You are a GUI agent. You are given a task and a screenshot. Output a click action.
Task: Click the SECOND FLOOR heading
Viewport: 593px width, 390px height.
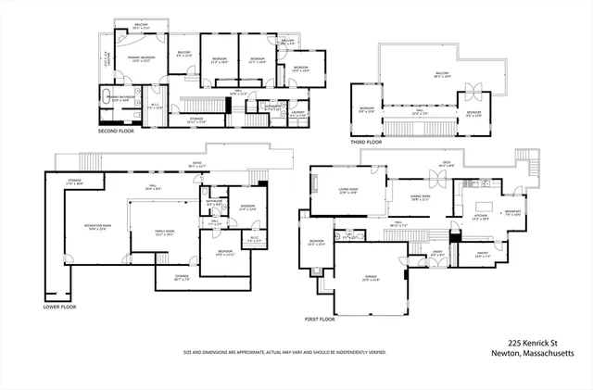pyautogui.click(x=116, y=131)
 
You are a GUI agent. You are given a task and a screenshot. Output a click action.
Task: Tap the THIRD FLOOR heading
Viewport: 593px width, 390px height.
pyautogui.click(x=367, y=142)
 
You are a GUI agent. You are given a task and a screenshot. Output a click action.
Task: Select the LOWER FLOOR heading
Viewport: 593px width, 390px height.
pyautogui.click(x=59, y=307)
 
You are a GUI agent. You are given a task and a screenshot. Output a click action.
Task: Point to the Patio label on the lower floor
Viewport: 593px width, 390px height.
pyautogui.click(x=197, y=165)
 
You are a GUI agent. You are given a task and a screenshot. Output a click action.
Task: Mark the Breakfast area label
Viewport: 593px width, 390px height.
pyautogui.click(x=513, y=212)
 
